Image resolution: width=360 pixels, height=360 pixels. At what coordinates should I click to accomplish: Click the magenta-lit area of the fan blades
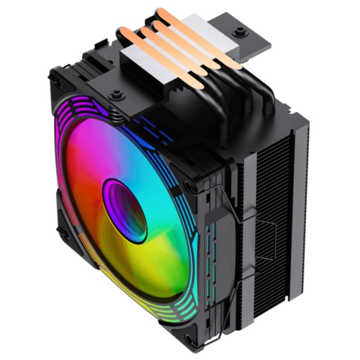tap(90, 148)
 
